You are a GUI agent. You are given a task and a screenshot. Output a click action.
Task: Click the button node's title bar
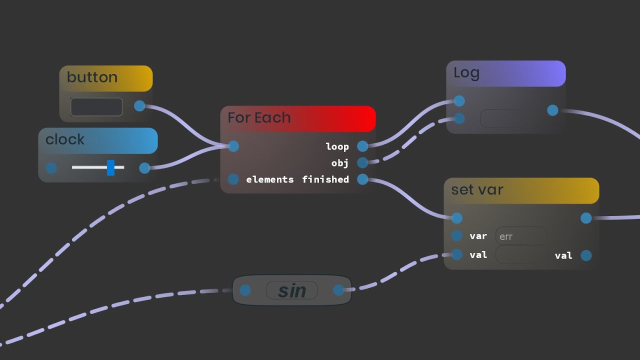click(x=105, y=78)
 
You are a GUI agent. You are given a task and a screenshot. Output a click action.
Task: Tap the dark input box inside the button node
click(x=96, y=107)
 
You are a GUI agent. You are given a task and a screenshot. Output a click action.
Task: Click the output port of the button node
click(x=139, y=106)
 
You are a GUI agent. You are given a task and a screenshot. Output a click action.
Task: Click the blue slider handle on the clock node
click(x=110, y=168)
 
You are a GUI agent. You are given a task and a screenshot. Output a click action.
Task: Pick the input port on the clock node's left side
click(x=51, y=168)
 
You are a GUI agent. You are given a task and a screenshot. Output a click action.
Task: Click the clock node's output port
click(x=144, y=168)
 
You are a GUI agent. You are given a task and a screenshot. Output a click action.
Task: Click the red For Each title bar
click(x=298, y=118)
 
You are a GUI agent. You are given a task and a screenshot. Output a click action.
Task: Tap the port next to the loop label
click(x=362, y=146)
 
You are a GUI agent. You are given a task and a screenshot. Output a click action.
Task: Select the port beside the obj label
click(x=362, y=162)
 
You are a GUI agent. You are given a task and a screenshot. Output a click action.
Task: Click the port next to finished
click(x=362, y=179)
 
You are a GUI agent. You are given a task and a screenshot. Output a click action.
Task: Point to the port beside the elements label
click(x=233, y=179)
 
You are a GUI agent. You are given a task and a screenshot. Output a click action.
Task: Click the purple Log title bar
click(x=505, y=73)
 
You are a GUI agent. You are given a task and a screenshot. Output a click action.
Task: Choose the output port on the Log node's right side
click(x=552, y=110)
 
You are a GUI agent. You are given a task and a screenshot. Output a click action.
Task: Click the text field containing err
click(x=521, y=236)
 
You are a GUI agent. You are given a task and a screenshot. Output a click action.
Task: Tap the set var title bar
click(x=521, y=190)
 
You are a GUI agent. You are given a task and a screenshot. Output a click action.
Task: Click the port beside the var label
click(x=456, y=236)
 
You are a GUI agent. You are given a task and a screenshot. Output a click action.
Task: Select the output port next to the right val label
click(x=586, y=255)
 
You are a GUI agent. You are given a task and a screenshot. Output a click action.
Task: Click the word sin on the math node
click(x=291, y=290)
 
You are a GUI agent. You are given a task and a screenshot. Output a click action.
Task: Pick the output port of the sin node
click(x=338, y=290)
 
